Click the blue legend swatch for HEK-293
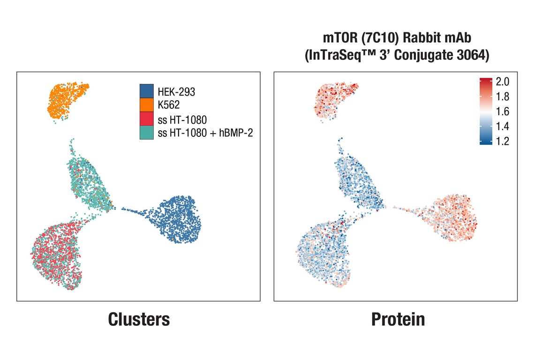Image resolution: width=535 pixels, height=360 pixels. pos(146,91)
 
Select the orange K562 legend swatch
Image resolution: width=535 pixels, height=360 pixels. pos(146,105)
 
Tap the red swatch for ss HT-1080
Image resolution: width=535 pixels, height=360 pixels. pos(146,119)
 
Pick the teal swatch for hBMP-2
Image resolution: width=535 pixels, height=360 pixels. pos(146,133)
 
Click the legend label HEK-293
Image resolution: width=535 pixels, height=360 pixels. pos(176,92)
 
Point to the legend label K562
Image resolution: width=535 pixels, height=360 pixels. pos(169,105)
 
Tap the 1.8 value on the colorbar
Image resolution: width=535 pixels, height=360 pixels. pos(502,97)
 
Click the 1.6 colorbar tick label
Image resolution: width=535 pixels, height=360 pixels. pos(502,112)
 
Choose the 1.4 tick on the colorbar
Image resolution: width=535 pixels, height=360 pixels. pos(502,127)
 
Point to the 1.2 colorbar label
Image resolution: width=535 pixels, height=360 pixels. pos(502,141)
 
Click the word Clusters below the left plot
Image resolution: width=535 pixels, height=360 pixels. pos(139,319)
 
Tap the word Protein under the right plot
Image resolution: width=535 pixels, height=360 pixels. pos(398,319)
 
